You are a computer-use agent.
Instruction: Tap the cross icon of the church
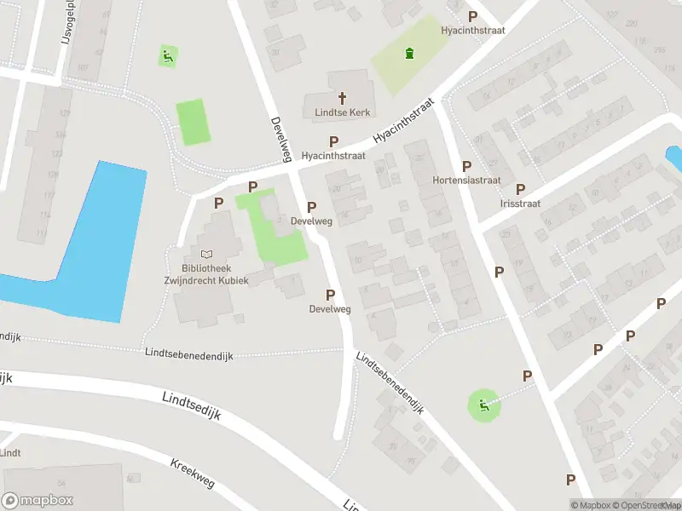pos(343,98)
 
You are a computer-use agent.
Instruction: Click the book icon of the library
pos(206,254)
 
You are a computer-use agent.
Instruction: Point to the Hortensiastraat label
pos(465,181)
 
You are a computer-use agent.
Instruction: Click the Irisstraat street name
pos(520,204)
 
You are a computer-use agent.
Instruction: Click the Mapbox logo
pos(38,501)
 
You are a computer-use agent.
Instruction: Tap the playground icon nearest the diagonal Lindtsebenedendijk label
pos(484,405)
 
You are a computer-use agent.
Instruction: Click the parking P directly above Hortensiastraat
pos(466,167)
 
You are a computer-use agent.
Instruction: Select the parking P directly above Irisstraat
pos(520,190)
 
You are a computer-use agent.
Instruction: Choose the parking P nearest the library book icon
pos(219,204)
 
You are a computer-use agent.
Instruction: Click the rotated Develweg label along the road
pos(277,139)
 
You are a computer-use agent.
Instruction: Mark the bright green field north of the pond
pos(192,123)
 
